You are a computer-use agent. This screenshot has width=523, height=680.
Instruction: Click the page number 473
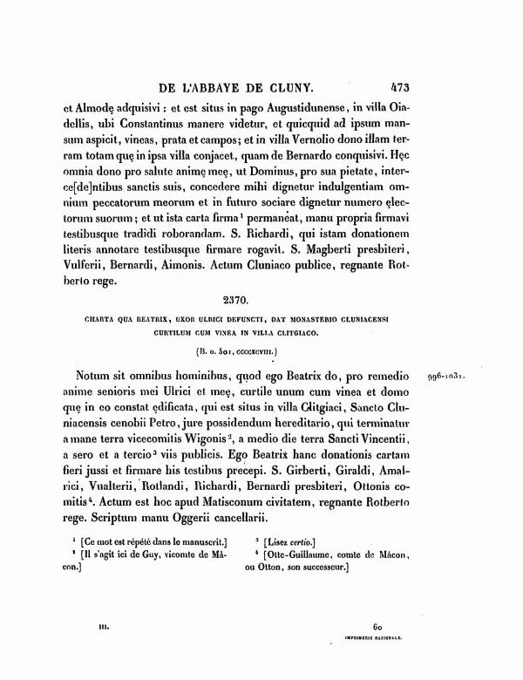tap(400, 87)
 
